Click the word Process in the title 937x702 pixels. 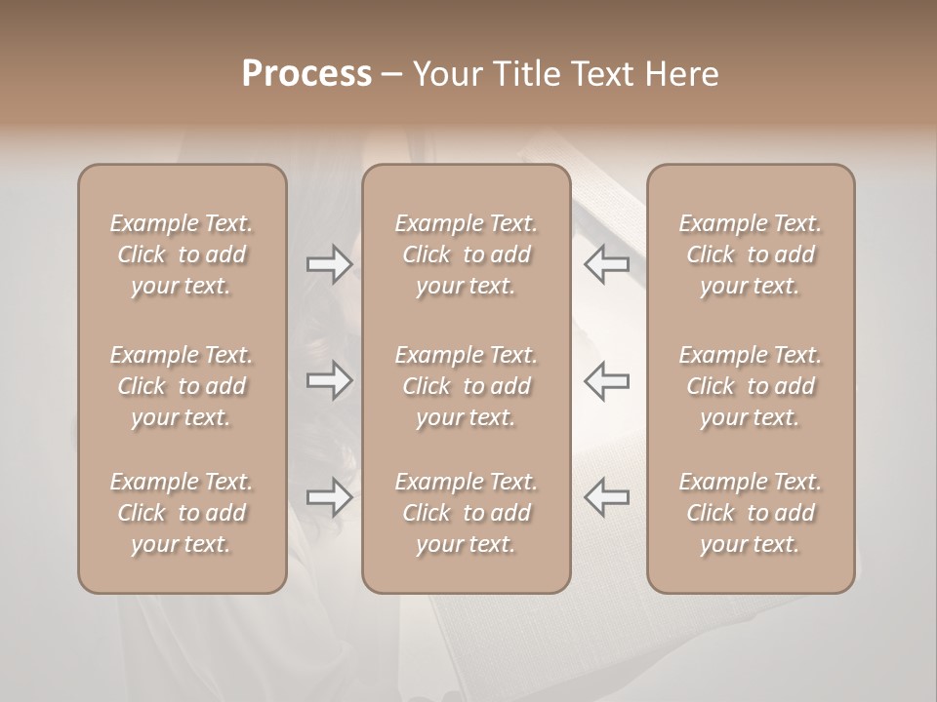coord(306,74)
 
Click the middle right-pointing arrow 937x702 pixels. coord(329,380)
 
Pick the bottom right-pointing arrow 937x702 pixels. coord(329,497)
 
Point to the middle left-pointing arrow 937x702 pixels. coord(607,380)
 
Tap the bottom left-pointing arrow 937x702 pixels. coord(607,497)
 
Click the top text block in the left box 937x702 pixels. coord(182,254)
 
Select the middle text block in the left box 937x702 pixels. coord(182,386)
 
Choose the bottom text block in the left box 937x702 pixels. coord(182,513)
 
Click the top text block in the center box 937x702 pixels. coord(467,254)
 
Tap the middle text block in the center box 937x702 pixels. coord(467,386)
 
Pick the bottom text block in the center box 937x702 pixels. coord(467,513)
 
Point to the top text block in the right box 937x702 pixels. coord(751,254)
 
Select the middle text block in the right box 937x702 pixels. coord(751,386)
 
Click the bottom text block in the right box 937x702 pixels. coord(751,513)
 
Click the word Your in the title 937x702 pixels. coord(444,74)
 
